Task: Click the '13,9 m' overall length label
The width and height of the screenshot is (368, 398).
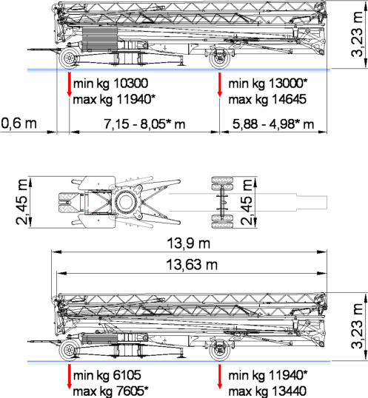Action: (189, 243)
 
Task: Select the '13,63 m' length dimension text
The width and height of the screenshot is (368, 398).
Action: (192, 265)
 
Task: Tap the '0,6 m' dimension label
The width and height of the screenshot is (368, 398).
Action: (19, 124)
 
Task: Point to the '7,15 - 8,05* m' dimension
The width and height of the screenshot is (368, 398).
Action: (144, 124)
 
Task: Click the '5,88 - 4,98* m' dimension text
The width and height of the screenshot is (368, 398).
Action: (273, 124)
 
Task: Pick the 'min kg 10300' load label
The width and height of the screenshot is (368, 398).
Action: (110, 84)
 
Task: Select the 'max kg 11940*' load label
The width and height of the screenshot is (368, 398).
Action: (114, 99)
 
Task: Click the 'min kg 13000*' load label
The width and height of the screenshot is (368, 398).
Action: (268, 84)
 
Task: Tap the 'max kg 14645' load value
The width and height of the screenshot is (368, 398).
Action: (267, 99)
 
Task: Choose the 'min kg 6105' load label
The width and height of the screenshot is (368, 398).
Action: (107, 375)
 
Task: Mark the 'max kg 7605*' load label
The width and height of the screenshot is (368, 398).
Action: (111, 391)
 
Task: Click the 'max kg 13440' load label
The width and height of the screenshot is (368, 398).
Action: (267, 391)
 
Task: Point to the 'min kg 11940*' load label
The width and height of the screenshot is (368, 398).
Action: (268, 375)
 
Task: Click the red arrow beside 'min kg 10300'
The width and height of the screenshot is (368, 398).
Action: (69, 84)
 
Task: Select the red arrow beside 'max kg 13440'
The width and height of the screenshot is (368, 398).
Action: (220, 377)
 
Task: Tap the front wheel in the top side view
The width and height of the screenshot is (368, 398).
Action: (69, 58)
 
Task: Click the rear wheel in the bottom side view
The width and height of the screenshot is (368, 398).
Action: (220, 351)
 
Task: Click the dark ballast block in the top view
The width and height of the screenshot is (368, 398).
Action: (100, 38)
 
